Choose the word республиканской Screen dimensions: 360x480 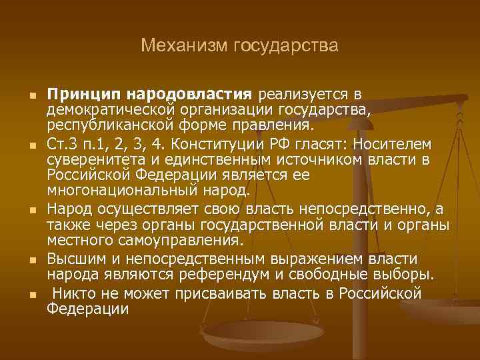click(109, 125)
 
